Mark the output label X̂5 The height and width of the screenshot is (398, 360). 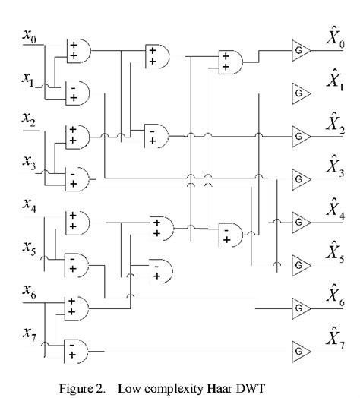tap(335, 253)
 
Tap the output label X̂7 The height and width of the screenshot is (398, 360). tap(335, 336)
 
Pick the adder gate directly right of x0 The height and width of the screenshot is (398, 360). tap(77, 52)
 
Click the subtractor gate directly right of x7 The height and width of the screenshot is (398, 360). tap(77, 350)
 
